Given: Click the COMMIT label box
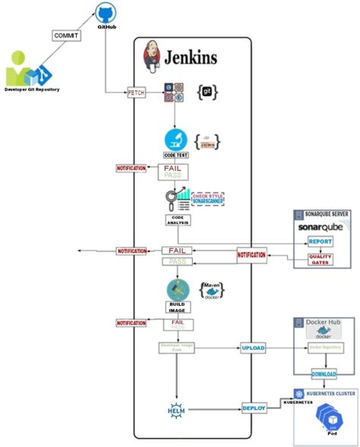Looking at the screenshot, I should [65, 35].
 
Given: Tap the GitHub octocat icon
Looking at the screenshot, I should [106, 12].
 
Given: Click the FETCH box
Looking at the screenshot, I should [136, 93].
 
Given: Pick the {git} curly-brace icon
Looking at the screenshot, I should [209, 92].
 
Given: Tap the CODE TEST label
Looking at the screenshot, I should [176, 156].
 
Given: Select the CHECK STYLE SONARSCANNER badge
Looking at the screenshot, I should [208, 198].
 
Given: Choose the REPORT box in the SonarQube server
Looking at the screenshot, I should [320, 242].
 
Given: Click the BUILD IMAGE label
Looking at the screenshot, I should [177, 307].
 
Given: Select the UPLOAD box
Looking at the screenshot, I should [253, 347].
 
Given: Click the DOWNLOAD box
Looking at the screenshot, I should [324, 375].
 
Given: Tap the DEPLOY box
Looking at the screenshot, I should [254, 408].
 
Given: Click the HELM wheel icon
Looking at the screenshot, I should [176, 411].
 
